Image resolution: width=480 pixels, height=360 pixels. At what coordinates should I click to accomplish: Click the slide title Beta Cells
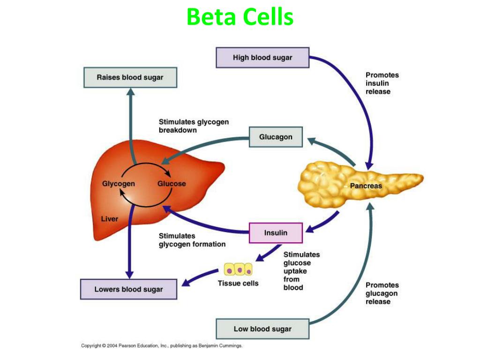pyautogui.click(x=240, y=17)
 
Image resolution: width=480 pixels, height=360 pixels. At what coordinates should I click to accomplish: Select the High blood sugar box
pyautogui.click(x=262, y=58)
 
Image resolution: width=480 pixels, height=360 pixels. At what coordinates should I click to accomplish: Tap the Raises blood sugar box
pyautogui.click(x=130, y=77)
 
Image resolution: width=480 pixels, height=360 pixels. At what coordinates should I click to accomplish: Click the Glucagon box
pyautogui.click(x=276, y=137)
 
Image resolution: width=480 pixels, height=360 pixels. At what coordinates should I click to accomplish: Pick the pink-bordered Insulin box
pyautogui.click(x=276, y=232)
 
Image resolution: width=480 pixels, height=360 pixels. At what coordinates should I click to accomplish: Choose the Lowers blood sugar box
pyautogui.click(x=128, y=289)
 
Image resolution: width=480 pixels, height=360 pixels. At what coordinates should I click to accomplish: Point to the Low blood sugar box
pyautogui.click(x=262, y=329)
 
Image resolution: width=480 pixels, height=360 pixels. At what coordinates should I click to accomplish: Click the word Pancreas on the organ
pyautogui.click(x=366, y=186)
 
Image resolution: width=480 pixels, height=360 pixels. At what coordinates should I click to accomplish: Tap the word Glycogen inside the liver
pyautogui.click(x=118, y=184)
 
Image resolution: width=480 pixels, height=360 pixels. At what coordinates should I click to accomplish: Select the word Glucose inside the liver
pyautogui.click(x=172, y=184)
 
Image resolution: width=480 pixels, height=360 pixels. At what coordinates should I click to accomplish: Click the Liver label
pyautogui.click(x=110, y=219)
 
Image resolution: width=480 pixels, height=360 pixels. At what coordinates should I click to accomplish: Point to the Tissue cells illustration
pyautogui.click(x=238, y=270)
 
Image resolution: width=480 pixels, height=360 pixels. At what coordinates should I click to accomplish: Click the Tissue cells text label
pyautogui.click(x=238, y=283)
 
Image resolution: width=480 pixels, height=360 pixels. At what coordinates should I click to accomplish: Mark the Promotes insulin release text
pyautogui.click(x=382, y=83)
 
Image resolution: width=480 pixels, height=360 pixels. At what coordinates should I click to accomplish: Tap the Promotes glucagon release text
pyautogui.click(x=382, y=293)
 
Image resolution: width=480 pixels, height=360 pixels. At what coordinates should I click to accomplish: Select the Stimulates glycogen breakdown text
pyautogui.click(x=194, y=126)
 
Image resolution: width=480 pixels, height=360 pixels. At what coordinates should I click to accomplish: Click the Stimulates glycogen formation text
pyautogui.click(x=192, y=240)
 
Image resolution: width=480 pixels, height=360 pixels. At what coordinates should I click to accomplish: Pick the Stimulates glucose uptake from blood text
pyautogui.click(x=301, y=271)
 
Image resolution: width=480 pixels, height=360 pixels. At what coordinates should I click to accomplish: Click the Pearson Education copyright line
pyautogui.click(x=162, y=346)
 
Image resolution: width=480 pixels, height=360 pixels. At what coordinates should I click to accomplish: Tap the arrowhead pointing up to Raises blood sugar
pyautogui.click(x=130, y=92)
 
